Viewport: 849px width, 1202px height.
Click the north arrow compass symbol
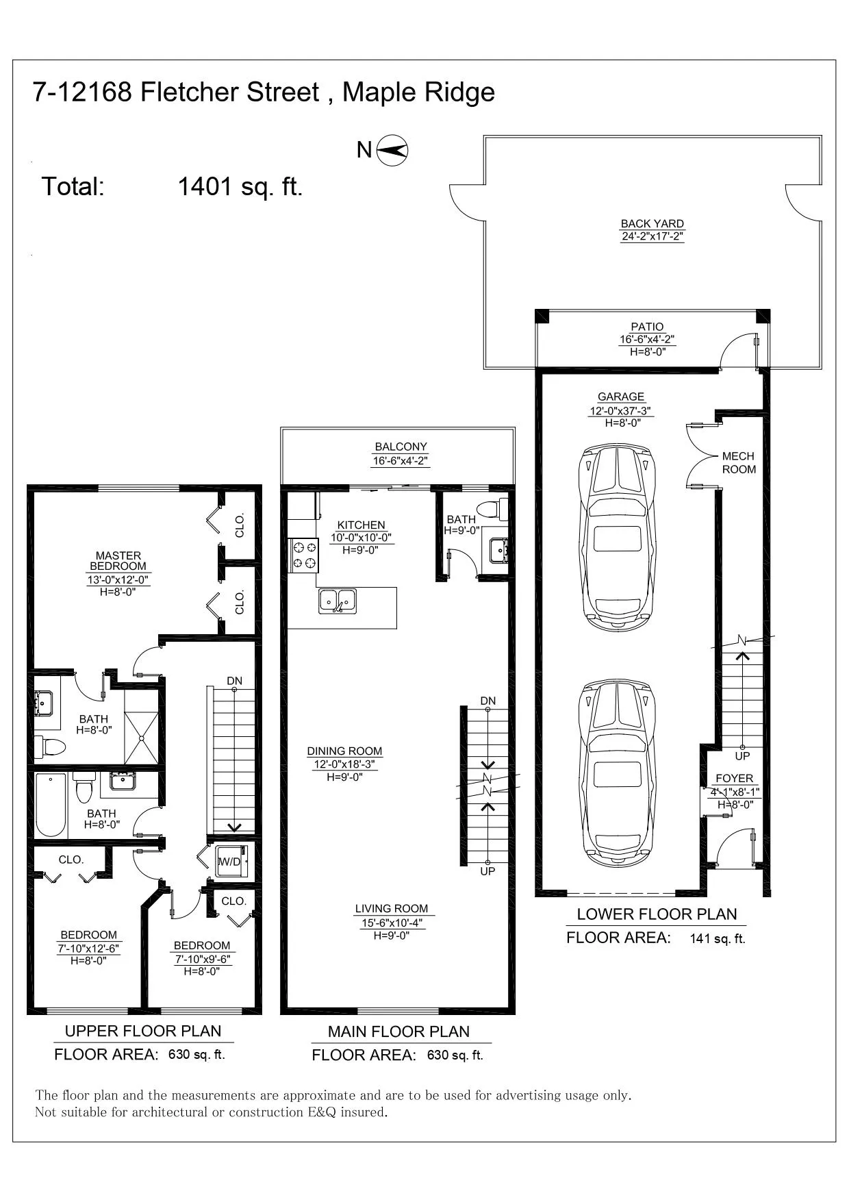(x=393, y=150)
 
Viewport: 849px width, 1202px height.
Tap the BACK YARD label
(x=652, y=224)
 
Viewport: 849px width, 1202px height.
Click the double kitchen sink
(x=338, y=601)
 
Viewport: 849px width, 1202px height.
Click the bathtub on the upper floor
(x=51, y=805)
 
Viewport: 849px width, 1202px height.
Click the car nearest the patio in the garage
(x=618, y=538)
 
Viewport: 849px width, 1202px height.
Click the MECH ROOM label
(x=739, y=462)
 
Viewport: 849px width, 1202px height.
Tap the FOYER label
(x=734, y=778)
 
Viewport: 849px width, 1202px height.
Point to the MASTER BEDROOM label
(x=118, y=561)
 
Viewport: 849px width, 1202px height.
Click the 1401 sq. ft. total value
(x=240, y=186)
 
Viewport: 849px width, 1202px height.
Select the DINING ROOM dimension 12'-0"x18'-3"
(x=344, y=764)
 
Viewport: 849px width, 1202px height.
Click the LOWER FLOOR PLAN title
(x=657, y=914)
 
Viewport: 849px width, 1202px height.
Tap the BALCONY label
(x=401, y=447)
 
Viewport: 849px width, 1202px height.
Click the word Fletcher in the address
(x=230, y=92)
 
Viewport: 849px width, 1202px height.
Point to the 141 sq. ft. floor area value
(x=718, y=938)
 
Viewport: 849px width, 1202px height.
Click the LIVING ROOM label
(x=392, y=909)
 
